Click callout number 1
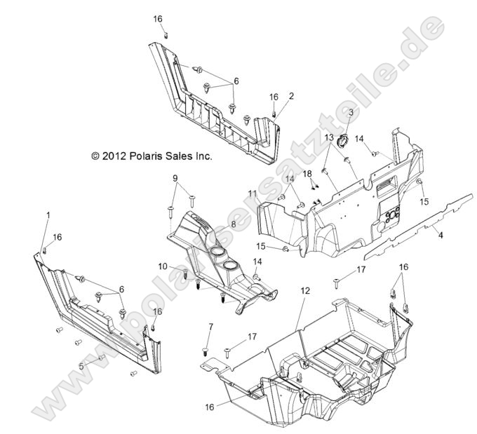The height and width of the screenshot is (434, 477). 48,213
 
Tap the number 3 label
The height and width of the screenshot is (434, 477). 351,111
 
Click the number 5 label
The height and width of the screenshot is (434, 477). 81,365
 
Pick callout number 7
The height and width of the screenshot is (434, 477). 210,327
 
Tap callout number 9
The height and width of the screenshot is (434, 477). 175,178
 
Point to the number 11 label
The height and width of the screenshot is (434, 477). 253,193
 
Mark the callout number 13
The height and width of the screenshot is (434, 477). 327,138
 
